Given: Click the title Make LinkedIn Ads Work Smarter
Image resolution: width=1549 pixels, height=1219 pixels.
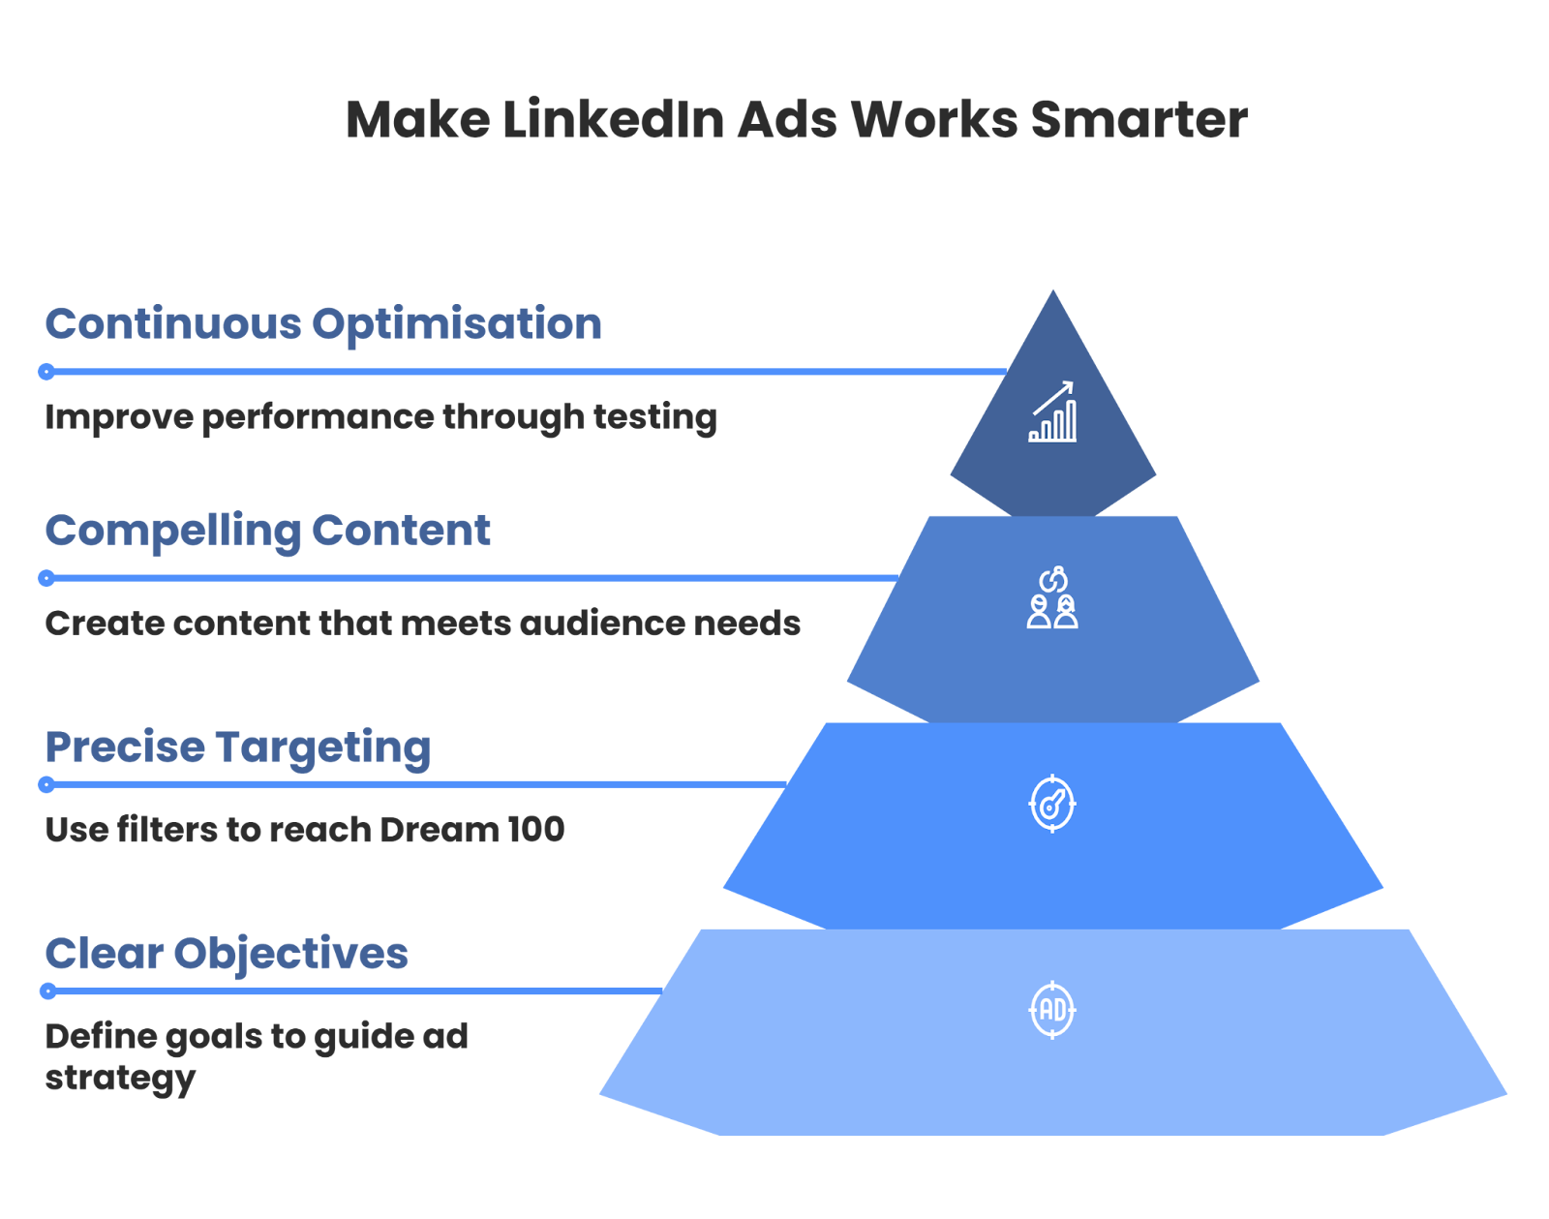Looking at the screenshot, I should tap(796, 126).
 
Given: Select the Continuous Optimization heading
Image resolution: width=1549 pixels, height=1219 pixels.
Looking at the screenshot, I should tap(320, 323).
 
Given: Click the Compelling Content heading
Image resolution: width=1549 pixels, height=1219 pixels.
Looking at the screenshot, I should tap(265, 533).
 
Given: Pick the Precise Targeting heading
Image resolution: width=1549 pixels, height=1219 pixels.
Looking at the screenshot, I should tap(236, 750).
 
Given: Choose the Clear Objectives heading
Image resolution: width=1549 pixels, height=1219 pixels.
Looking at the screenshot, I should tap(224, 957).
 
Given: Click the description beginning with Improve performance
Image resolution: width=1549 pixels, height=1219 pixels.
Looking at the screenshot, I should tap(378, 418).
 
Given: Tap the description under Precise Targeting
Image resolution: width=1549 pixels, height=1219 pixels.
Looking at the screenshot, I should tap(304, 831).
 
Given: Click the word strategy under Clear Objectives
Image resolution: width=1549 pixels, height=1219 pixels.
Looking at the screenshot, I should tap(117, 1077).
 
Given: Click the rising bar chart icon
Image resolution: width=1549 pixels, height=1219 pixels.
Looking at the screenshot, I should tap(1052, 412).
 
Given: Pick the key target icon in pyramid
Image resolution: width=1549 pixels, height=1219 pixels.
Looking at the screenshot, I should tap(1052, 804).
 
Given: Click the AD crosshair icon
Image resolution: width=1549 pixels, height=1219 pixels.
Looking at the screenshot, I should tap(1052, 1010).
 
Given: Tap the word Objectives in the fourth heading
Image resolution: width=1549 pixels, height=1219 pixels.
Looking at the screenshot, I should tap(291, 957).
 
